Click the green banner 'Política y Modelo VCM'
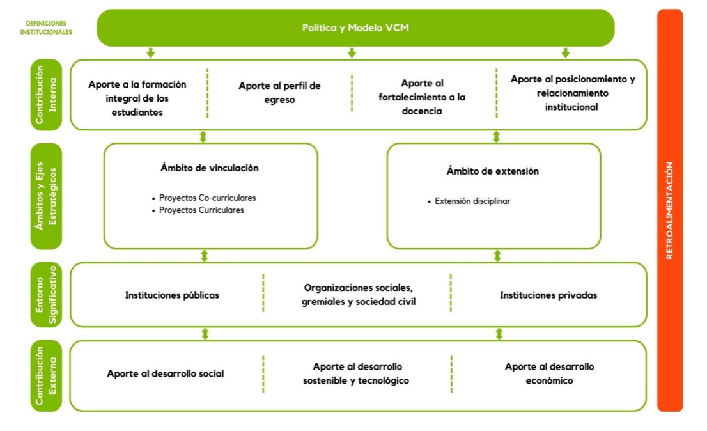tap(355, 28)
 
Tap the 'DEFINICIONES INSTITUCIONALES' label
tap(46, 27)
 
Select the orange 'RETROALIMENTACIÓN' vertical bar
tap(670, 210)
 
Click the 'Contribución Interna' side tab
tap(47, 95)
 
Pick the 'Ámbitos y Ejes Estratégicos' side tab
tap(47, 196)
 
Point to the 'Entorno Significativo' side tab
tap(47, 295)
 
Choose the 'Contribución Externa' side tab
tap(47, 375)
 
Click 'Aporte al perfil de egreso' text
tap(279, 93)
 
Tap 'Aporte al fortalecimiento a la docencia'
tap(422, 97)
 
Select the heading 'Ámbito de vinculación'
tap(210, 168)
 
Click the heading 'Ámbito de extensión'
tap(493, 171)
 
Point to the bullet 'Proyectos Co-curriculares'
tap(205, 198)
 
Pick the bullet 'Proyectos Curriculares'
tap(198, 210)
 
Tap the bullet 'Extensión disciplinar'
tap(469, 201)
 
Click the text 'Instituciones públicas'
tap(172, 295)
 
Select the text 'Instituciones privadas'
tap(548, 295)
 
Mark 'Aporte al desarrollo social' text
tap(166, 373)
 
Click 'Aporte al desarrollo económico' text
tap(549, 373)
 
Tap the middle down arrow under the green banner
tap(352, 52)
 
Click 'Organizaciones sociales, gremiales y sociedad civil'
tap(359, 295)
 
